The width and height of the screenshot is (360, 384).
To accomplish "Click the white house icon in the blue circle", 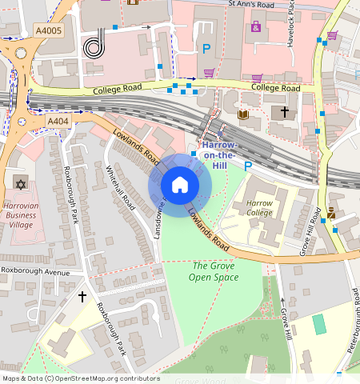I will (x=180, y=185).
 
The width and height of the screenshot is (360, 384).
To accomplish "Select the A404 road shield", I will (x=58, y=121).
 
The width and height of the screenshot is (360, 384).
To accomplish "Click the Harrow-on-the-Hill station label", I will (x=218, y=154).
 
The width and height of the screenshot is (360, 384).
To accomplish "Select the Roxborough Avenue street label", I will (x=35, y=271).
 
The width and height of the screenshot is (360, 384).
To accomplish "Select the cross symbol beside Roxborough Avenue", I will (x=82, y=297).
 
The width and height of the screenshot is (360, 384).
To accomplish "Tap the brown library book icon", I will (x=243, y=115).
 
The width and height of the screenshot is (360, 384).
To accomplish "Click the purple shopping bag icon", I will (x=256, y=26).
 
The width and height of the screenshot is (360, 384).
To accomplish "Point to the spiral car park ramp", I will (x=94, y=46).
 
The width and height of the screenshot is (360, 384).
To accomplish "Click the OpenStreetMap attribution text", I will (x=80, y=378).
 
